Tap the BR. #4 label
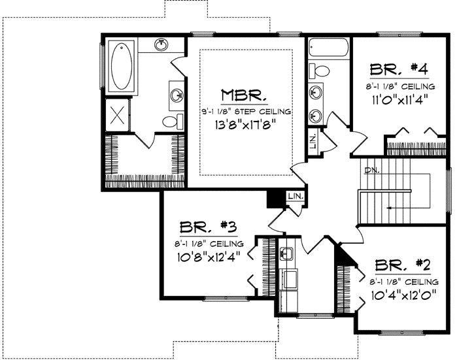pos(399,70)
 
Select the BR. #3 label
pos(208,228)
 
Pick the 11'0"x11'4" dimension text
pos(399,100)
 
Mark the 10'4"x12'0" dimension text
pos(403,294)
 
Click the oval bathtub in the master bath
pos(122,66)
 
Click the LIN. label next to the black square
pos(296,195)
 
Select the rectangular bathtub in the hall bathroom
pos(329,48)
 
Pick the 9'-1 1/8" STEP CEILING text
pos(245,112)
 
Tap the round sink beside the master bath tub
pos(161,45)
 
